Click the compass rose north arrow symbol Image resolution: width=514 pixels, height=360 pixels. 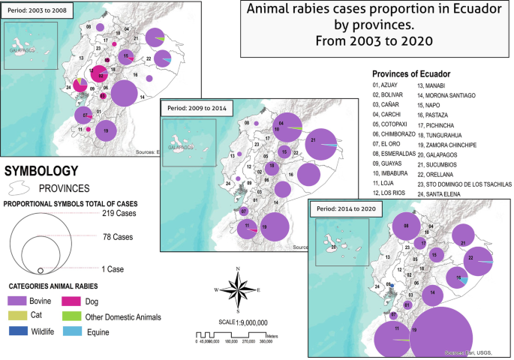[238, 289]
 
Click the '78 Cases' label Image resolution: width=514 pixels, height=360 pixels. [118, 237]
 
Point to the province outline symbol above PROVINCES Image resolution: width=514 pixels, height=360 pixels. [25, 187]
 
